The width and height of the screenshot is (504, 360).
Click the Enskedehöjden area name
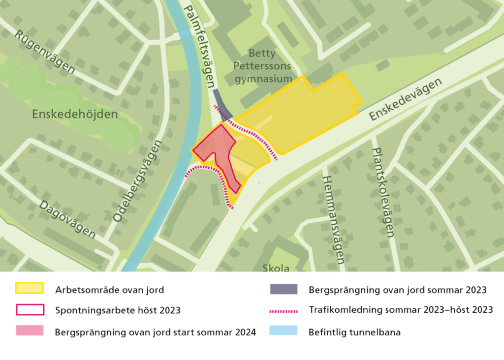point(75,115)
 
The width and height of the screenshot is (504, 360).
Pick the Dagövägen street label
point(67,219)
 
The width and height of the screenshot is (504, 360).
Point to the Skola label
point(276,268)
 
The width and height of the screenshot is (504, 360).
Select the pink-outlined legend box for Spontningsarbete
point(30,310)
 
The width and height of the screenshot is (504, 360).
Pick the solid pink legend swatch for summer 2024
point(30,330)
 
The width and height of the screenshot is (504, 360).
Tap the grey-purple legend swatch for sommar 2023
point(284,289)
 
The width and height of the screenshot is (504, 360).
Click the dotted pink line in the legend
point(284,310)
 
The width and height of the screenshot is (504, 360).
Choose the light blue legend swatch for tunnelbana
point(284,330)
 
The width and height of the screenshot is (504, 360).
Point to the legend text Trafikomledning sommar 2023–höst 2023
point(400,310)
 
